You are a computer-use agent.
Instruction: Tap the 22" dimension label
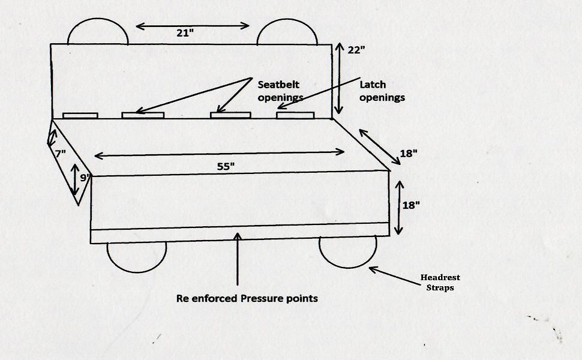click(x=356, y=50)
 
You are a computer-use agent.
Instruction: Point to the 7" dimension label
click(x=59, y=154)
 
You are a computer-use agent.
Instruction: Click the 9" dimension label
click(x=85, y=178)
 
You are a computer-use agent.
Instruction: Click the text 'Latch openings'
click(x=382, y=90)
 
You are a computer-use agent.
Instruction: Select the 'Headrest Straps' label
click(x=440, y=282)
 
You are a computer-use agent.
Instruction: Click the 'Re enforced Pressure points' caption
click(x=247, y=298)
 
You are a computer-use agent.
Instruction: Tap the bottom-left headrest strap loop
click(x=136, y=257)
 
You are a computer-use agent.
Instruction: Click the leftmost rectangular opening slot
click(x=80, y=115)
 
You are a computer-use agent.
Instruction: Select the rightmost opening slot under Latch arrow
click(x=295, y=115)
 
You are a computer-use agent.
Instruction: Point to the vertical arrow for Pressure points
click(x=238, y=258)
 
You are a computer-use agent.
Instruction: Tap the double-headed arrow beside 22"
click(x=338, y=78)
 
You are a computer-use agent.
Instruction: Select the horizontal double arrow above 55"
click(x=220, y=154)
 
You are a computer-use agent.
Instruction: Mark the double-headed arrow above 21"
click(x=193, y=25)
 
